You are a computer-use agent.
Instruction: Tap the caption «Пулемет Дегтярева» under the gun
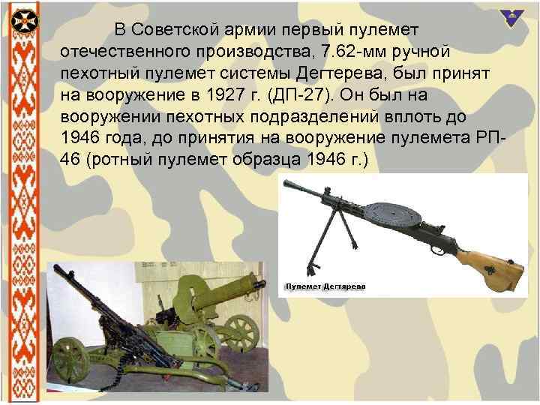point(324,286)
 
